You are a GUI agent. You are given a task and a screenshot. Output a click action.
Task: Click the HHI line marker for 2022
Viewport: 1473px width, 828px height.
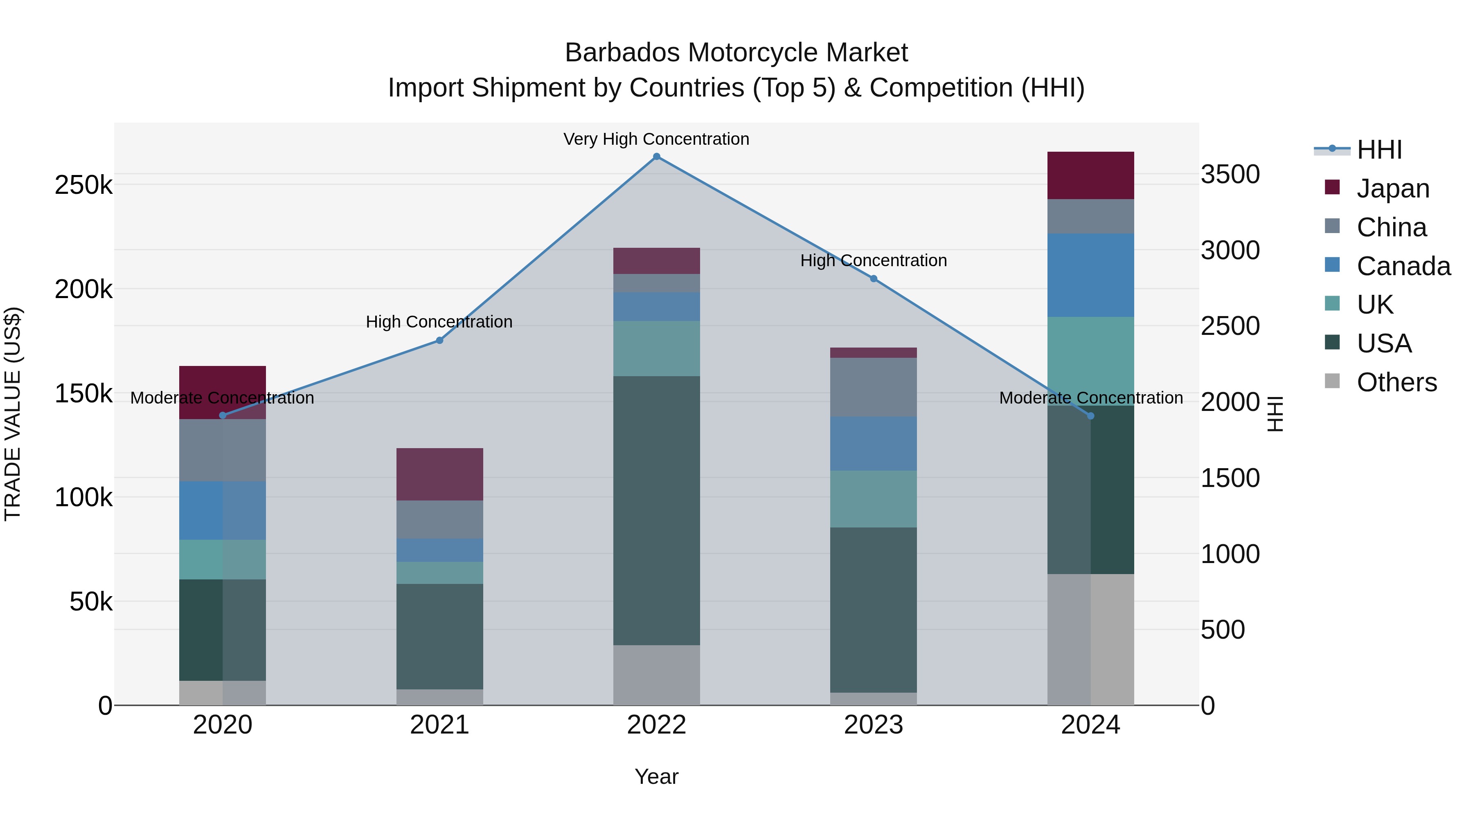pos(656,157)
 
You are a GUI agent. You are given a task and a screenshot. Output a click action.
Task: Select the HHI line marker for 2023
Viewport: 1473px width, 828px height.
pos(873,279)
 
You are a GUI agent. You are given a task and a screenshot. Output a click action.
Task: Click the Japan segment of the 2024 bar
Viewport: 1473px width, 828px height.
pos(1090,175)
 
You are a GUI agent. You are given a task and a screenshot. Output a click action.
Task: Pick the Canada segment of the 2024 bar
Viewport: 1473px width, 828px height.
pos(1090,275)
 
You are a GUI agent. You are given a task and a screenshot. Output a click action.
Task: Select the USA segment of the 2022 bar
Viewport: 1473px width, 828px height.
pos(656,510)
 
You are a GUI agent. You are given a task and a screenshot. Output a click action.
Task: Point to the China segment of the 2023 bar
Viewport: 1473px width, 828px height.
pos(873,388)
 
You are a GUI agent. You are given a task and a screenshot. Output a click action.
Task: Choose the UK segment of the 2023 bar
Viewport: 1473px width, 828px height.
pos(873,499)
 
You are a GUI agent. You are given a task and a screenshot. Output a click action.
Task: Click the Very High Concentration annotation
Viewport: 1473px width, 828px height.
pos(656,139)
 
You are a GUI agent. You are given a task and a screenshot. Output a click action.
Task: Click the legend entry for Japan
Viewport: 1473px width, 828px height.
pos(1392,188)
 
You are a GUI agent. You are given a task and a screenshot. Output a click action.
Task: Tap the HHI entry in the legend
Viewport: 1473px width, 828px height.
pos(1378,150)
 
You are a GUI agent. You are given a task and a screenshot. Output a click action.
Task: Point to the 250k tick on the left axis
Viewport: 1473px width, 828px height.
pos(83,185)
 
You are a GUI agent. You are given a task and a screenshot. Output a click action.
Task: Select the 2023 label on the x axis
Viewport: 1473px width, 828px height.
pos(873,725)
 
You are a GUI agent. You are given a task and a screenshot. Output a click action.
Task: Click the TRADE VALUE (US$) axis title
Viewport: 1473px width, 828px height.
pos(13,414)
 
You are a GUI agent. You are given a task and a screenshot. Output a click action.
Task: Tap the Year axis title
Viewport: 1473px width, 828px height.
pos(656,776)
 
